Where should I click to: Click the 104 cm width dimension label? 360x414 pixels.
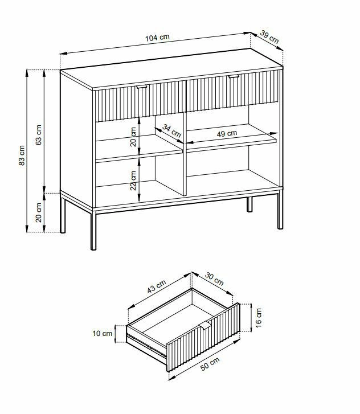click(157, 38)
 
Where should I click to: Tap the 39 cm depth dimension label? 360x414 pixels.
click(269, 37)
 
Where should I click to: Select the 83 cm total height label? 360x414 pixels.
click(22, 155)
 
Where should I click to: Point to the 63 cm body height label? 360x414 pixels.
click(39, 134)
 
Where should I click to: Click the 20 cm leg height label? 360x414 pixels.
click(39, 212)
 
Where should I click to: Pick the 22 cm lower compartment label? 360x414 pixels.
click(133, 181)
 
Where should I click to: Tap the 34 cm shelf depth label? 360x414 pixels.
click(171, 131)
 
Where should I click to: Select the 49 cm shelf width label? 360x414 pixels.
click(227, 134)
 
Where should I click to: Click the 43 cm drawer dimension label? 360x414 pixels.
click(157, 286)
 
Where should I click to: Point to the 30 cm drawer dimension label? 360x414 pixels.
click(215, 280)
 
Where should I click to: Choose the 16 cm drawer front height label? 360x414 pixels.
click(259, 318)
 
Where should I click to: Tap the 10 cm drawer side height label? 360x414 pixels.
click(103, 334)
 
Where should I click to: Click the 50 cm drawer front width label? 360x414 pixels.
click(210, 364)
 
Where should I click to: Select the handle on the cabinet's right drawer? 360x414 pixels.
click(234, 76)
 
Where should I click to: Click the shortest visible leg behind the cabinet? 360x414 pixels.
click(249, 204)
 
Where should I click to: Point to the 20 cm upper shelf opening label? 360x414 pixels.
click(133, 137)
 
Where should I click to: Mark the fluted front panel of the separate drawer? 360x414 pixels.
click(203, 337)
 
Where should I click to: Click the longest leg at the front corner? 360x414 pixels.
click(93, 229)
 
